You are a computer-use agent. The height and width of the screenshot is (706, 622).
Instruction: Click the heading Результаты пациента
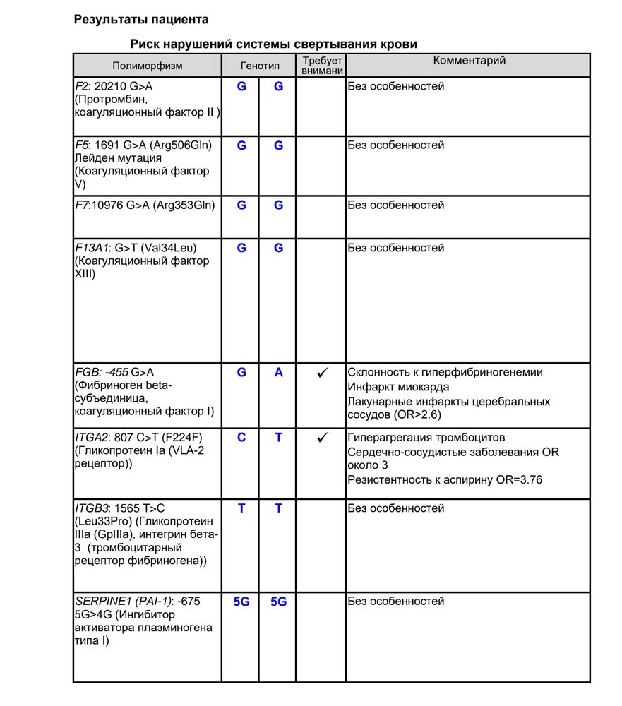(x=141, y=20)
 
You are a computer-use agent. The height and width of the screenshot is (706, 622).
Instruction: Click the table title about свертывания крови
(x=273, y=44)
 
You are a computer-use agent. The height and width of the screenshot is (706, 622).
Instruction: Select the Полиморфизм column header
(x=147, y=66)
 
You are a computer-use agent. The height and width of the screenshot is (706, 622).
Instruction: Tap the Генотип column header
(x=260, y=66)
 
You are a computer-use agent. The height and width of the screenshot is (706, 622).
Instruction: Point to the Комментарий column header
(x=469, y=61)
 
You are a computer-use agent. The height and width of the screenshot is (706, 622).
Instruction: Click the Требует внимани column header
(x=321, y=66)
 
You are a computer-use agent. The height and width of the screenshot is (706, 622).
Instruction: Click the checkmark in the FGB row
(x=321, y=373)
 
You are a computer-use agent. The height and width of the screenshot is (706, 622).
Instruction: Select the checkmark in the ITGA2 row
(x=321, y=438)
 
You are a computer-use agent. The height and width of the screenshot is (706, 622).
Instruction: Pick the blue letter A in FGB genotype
(x=279, y=372)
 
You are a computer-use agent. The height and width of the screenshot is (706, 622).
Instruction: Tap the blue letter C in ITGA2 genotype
(x=241, y=438)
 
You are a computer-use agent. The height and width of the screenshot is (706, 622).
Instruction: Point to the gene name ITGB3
(x=90, y=508)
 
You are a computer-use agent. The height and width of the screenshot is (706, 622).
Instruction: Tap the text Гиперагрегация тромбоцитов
(x=426, y=438)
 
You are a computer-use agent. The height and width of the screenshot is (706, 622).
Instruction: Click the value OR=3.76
(x=518, y=480)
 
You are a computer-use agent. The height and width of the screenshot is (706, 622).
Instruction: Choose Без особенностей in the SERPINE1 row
(x=395, y=602)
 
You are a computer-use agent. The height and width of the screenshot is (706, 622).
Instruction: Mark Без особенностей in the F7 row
(x=395, y=205)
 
